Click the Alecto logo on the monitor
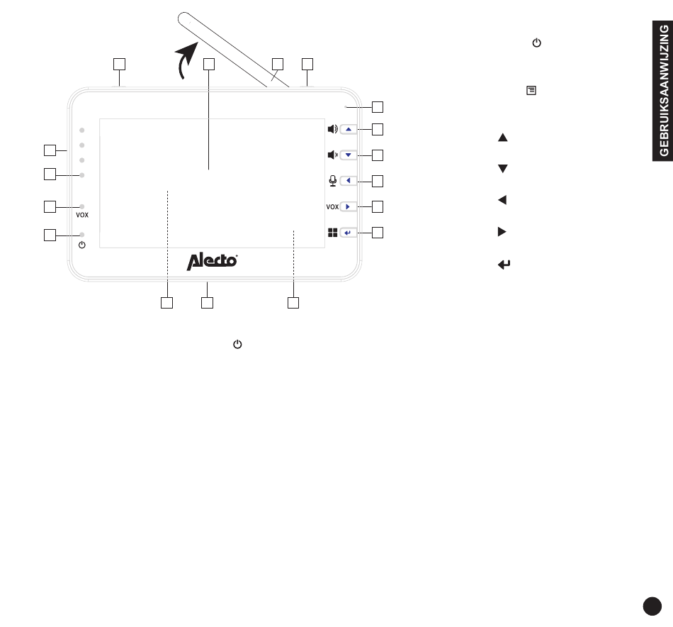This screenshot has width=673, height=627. point(212,261)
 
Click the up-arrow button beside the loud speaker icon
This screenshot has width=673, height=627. point(350,129)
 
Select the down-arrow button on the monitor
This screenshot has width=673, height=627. point(350,155)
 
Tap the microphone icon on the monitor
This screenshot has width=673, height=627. point(332,181)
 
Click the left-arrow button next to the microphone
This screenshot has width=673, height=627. point(350,181)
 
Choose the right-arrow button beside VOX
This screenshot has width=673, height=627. point(350,206)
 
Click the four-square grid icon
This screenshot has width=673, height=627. point(332,232)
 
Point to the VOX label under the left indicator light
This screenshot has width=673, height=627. point(83,213)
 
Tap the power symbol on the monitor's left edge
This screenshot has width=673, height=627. point(82,245)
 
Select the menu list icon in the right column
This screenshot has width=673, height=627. point(530,91)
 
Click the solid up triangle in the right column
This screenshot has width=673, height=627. point(502,138)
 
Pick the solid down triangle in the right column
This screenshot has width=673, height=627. point(502,169)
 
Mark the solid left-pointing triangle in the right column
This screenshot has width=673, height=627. point(502,200)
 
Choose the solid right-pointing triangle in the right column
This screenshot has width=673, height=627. point(502,232)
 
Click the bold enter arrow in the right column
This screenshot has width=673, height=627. point(504,265)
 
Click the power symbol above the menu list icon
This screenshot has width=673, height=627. point(536,43)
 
